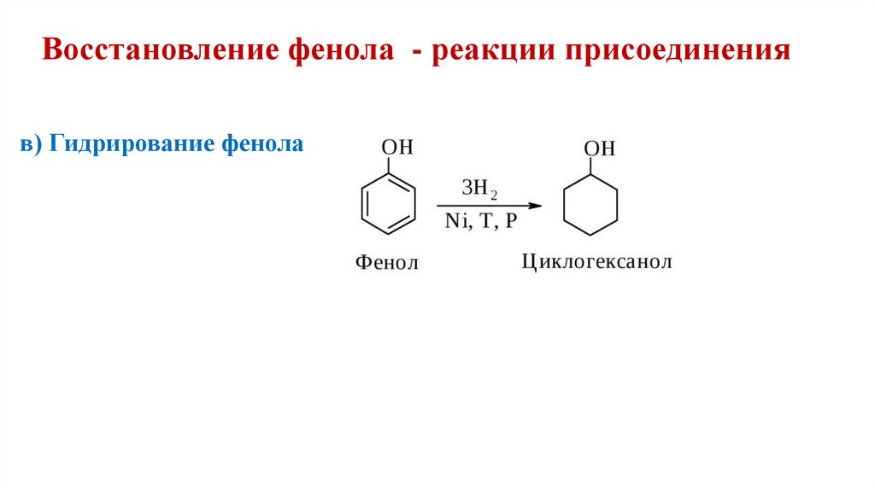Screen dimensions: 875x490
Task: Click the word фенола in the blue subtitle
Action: tap(264, 143)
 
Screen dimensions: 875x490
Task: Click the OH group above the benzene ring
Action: tap(397, 147)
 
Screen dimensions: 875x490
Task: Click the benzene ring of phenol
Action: tap(385, 205)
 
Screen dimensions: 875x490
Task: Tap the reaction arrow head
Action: tap(536, 206)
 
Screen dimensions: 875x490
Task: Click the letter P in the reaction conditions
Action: tap(510, 222)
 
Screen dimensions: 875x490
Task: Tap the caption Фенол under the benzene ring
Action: tap(386, 262)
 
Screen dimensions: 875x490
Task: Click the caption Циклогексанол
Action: tap(596, 260)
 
